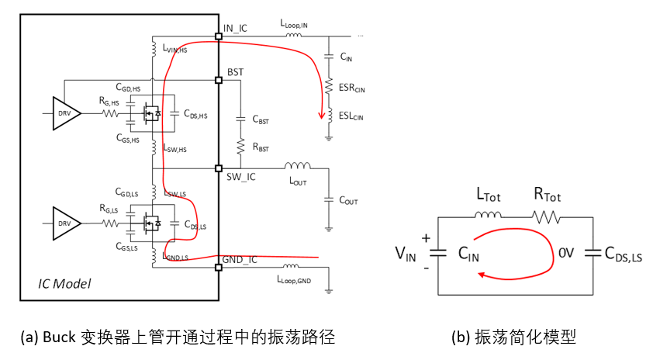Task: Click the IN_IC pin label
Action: [236, 29]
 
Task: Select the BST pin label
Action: [235, 72]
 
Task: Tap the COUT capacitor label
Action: [348, 200]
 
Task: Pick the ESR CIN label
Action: [351, 88]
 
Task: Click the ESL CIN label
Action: [351, 116]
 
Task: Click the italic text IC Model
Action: [65, 284]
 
